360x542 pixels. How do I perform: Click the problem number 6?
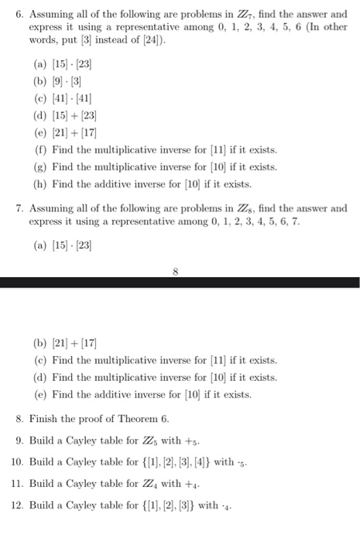(x=19, y=13)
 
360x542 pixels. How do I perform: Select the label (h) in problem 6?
(x=41, y=183)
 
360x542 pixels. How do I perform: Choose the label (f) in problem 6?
(x=41, y=148)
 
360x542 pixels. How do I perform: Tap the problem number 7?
(x=19, y=208)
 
